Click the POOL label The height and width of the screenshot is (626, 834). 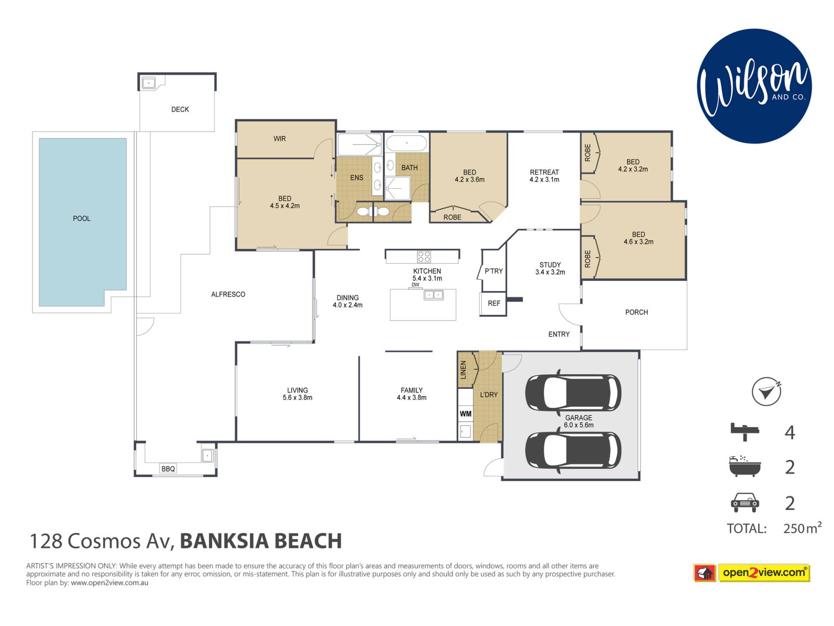pyautogui.click(x=82, y=219)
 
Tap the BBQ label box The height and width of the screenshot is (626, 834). pyautogui.click(x=168, y=469)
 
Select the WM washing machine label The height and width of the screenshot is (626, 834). pyautogui.click(x=466, y=414)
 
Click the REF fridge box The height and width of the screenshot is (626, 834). pyautogui.click(x=493, y=303)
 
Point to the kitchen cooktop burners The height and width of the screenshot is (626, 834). pyautogui.click(x=424, y=256)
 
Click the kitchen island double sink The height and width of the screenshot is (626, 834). pyautogui.click(x=434, y=295)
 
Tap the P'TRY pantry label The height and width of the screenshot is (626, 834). pyautogui.click(x=494, y=271)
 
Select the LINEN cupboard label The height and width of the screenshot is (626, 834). pyautogui.click(x=463, y=370)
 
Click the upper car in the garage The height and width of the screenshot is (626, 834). pyautogui.click(x=573, y=393)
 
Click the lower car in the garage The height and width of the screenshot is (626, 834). pyautogui.click(x=573, y=451)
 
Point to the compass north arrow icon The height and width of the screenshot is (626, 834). pyautogui.click(x=767, y=391)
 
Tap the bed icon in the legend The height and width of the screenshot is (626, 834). pyautogui.click(x=745, y=432)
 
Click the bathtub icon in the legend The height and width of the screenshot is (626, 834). pyautogui.click(x=745, y=467)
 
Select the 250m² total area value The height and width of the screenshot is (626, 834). pyautogui.click(x=802, y=528)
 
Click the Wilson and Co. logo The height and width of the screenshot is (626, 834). pyautogui.click(x=754, y=86)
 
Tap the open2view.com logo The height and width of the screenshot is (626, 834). pyautogui.click(x=752, y=573)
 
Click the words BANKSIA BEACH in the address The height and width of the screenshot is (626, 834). pyautogui.click(x=261, y=541)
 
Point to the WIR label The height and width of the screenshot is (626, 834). pyautogui.click(x=280, y=139)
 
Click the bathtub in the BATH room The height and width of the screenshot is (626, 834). pyautogui.click(x=407, y=143)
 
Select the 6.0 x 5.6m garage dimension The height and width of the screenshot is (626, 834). pyautogui.click(x=579, y=425)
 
